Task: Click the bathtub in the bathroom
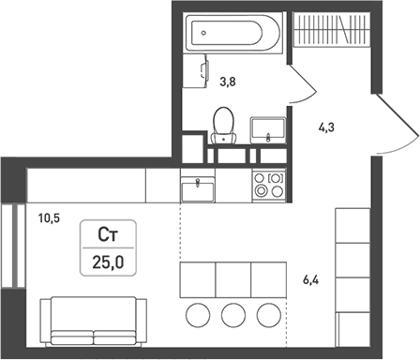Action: point(233,33)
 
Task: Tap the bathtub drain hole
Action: point(203,33)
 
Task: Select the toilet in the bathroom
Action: point(223,126)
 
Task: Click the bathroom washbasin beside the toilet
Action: point(268,130)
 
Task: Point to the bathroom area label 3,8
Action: point(228,82)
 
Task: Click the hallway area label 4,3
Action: point(326,127)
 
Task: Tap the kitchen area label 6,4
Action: point(311,280)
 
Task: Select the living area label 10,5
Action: point(49,218)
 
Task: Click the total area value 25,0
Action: point(108,262)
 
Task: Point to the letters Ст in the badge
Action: point(108,235)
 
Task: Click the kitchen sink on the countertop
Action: point(198,189)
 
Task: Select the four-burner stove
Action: point(269,186)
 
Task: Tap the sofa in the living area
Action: point(94,322)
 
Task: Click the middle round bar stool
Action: point(233,315)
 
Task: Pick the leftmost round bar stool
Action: point(198,315)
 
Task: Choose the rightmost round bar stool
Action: point(269,315)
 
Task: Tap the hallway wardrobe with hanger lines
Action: point(332,30)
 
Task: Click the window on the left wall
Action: point(13,246)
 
